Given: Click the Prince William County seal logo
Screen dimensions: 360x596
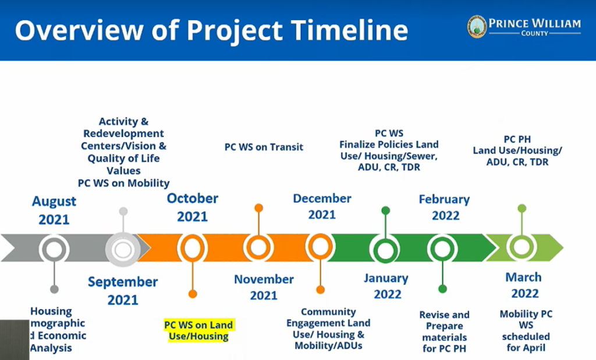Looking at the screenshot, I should (477, 27).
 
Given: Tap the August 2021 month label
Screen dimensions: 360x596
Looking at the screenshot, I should (54, 211).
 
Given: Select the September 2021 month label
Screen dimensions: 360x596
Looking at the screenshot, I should (123, 291).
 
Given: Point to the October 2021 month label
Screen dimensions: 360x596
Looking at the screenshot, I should (193, 207).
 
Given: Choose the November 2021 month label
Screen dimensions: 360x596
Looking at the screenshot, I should (264, 287).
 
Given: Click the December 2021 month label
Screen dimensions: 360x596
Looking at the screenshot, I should (322, 206).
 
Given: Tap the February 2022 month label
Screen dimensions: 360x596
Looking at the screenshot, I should (445, 208).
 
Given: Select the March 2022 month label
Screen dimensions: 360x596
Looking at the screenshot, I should (523, 285).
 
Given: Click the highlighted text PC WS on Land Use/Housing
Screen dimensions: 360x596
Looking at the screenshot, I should (198, 330).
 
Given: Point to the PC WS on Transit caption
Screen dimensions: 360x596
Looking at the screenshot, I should (264, 147).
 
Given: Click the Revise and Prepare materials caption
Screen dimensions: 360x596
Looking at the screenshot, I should (444, 332).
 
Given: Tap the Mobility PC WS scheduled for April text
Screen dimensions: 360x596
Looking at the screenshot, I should (526, 331).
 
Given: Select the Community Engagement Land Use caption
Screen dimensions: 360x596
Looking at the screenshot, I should (328, 329).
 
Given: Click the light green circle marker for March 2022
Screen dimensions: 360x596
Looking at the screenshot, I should (522, 247).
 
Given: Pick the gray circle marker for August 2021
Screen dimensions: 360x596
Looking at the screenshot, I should (54, 249).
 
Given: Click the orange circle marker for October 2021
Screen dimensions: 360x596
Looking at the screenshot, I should (193, 249).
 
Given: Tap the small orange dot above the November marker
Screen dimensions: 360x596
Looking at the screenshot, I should (258, 208).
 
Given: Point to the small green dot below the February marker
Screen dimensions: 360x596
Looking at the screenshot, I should (442, 288).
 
